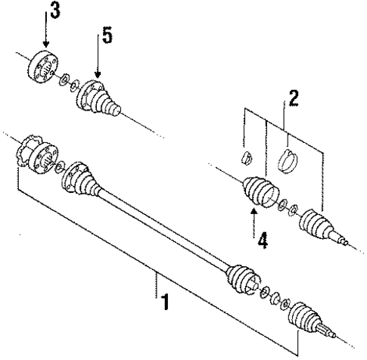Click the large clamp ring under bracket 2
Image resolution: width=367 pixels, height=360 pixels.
288,162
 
